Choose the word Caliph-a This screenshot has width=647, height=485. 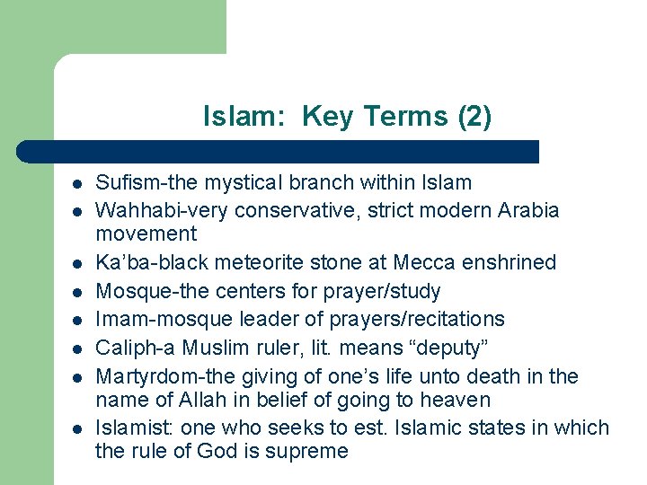pos(136,347)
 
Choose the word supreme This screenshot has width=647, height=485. pos(307,451)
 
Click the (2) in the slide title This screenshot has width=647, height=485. pos(474,117)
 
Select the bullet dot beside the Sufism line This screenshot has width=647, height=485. pos(78,184)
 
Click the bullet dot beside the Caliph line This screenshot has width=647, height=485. pos(78,348)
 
